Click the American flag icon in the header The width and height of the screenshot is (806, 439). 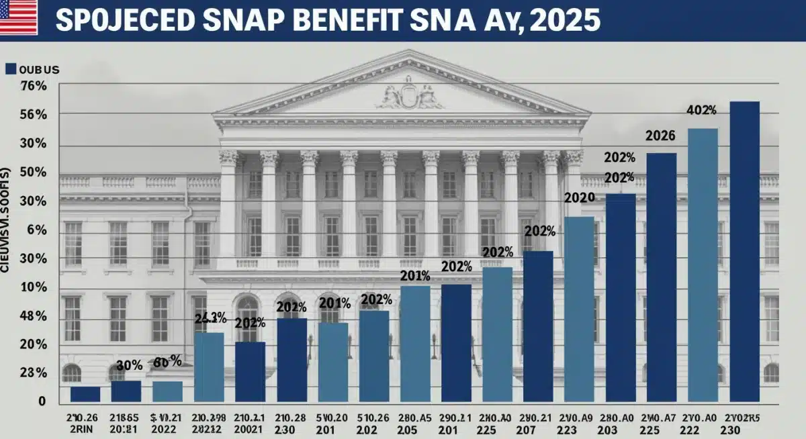19,17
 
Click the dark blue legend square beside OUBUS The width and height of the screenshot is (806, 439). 9,68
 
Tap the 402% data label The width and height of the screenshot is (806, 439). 702,111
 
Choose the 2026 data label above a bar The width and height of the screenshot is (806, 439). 660,136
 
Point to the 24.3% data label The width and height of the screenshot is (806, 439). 210,318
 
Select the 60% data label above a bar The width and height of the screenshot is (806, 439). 168,362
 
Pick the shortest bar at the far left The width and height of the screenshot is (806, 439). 85,394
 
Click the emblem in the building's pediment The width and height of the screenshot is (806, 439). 410,94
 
